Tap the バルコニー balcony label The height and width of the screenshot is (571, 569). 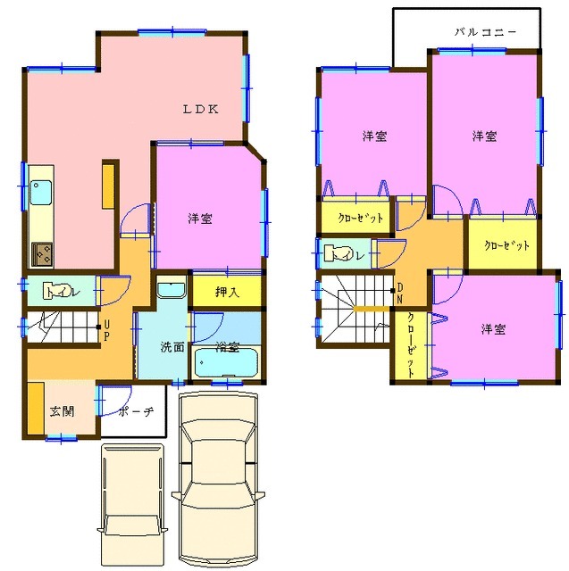(x=485, y=30)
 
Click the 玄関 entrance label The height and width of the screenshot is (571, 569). (x=62, y=411)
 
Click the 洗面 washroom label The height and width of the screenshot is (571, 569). (x=172, y=347)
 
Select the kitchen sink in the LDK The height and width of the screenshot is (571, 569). (x=41, y=192)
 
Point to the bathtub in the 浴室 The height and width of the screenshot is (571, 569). (x=226, y=364)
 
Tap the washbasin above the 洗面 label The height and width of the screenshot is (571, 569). (x=171, y=289)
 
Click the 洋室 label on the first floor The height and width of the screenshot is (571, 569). (x=200, y=219)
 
